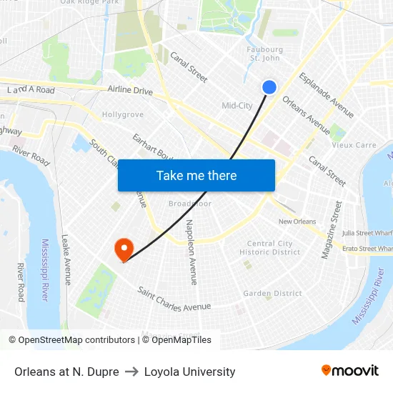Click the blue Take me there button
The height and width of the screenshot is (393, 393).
(196, 176)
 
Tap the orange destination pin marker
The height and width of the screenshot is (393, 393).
(124, 249)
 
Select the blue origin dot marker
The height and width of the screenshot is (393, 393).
(269, 87)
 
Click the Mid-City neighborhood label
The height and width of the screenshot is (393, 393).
(237, 106)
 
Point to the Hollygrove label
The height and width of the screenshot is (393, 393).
(122, 114)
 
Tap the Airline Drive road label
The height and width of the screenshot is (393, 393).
(130, 91)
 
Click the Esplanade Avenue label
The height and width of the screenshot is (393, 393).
(326, 94)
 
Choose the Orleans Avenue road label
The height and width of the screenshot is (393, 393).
(306, 115)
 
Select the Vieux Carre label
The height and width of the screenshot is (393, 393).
(354, 145)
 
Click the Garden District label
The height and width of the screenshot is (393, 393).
(272, 294)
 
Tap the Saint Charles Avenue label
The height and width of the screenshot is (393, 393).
(174, 299)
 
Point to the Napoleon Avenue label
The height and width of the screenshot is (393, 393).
(191, 252)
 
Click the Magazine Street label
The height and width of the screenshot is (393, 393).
(332, 229)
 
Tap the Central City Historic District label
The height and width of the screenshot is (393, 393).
(270, 248)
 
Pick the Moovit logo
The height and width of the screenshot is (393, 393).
(349, 371)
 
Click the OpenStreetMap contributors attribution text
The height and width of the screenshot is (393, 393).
(76, 340)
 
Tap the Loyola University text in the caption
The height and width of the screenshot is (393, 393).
(189, 372)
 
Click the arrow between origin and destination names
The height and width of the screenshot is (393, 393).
(131, 372)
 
